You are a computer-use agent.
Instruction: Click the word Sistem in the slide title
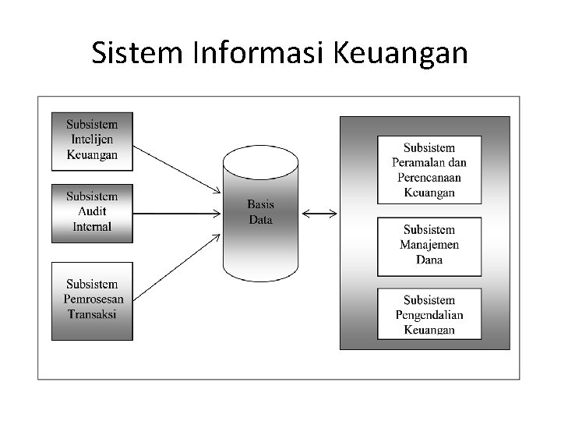coord(136,53)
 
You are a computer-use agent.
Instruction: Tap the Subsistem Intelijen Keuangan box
coord(92,141)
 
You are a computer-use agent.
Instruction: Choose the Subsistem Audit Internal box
coord(92,212)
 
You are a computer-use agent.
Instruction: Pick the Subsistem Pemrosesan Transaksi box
coord(92,300)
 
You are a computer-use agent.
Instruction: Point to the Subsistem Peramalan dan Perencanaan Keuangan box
coord(429,169)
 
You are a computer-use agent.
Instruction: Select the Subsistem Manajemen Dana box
coord(429,246)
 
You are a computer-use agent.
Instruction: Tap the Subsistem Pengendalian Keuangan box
coord(429,313)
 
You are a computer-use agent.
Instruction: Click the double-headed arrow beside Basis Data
coord(319,212)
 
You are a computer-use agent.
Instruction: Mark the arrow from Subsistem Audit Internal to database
coord(178,212)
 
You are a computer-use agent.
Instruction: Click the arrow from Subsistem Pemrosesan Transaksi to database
coord(178,266)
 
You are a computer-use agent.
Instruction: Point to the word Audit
coord(92,211)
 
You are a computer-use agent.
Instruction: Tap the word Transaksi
coord(92,314)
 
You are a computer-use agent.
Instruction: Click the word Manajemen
coord(429,245)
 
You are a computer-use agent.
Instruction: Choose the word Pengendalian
coord(429,315)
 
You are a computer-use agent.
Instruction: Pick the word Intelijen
coord(92,140)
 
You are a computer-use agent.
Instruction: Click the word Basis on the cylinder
coord(260,204)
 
